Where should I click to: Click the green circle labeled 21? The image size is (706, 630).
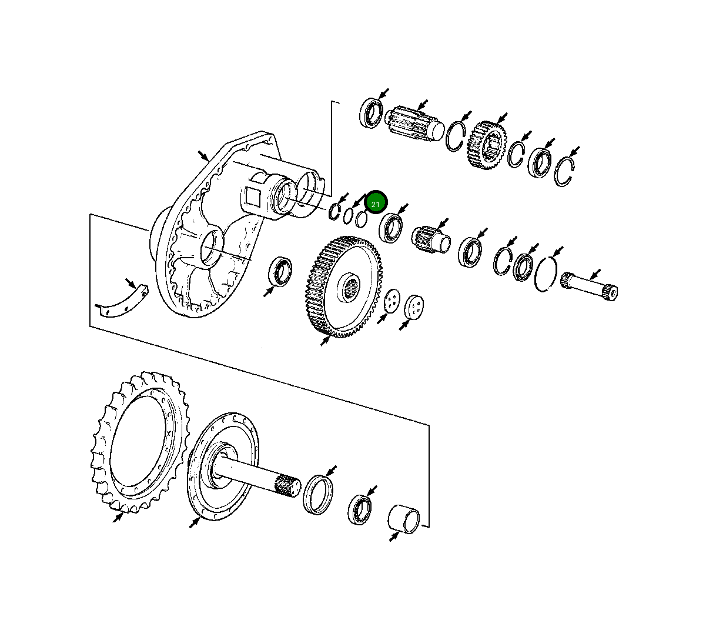375,203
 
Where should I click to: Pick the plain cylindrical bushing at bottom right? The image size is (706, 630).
404,518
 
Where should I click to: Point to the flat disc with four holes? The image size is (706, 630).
392,301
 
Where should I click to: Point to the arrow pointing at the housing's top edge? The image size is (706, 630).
203,156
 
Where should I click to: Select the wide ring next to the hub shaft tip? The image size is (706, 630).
318,493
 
